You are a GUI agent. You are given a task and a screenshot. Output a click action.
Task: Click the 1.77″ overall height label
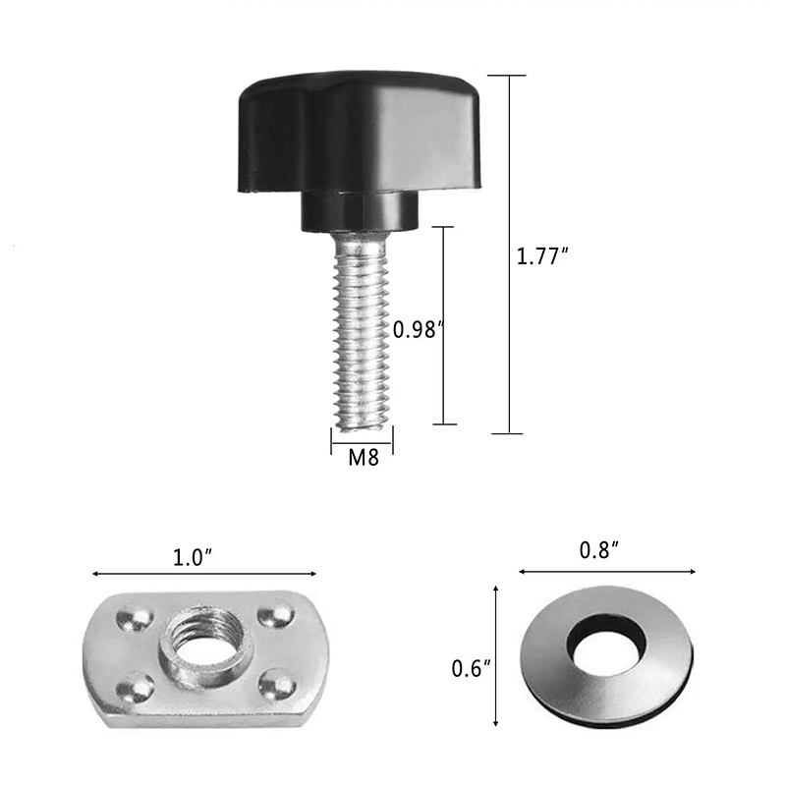[x=542, y=256]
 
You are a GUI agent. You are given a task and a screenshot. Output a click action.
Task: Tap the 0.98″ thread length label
[x=419, y=330]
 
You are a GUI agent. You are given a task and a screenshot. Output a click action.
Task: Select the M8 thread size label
[x=364, y=458]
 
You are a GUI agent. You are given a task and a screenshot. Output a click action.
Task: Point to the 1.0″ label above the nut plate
[x=193, y=558]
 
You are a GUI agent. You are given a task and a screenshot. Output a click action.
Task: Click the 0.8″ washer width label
[x=599, y=550]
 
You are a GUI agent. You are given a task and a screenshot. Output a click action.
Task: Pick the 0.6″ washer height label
[x=472, y=669]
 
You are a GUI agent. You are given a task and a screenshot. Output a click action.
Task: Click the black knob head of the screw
[x=359, y=133]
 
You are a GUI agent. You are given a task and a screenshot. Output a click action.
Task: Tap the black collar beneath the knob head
[x=360, y=210]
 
